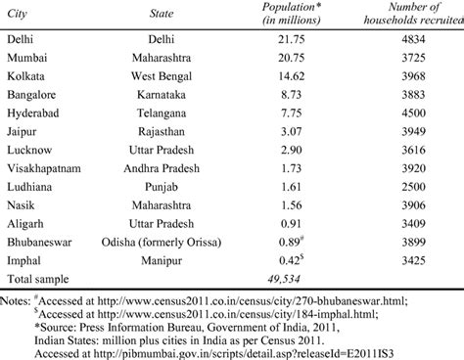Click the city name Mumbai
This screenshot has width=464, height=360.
point(25,61)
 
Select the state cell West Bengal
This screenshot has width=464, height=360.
point(162,78)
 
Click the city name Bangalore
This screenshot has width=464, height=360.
point(30,96)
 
